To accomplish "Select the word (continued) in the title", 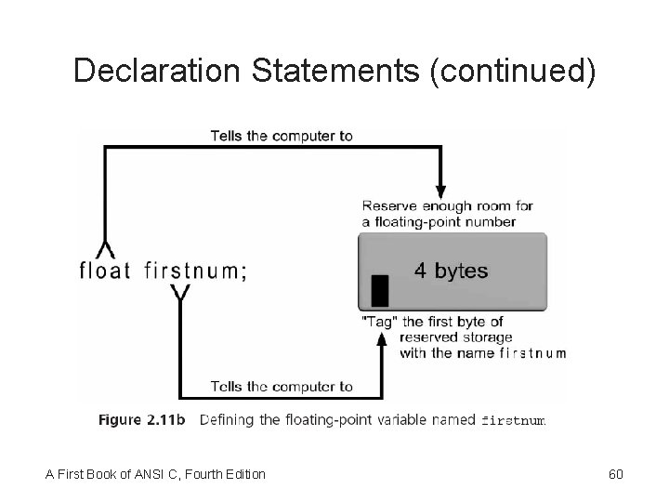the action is point(512,71).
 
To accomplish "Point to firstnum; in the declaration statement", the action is point(196,271).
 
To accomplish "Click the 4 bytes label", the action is point(451,271).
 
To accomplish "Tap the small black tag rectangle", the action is point(379,291).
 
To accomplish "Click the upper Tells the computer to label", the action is point(282,136).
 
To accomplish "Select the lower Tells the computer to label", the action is point(282,387).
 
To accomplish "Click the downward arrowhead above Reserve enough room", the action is point(440,186).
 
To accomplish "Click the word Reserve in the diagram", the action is point(388,205).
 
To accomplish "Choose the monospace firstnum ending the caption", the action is point(513,421).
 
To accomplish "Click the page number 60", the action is point(615,475).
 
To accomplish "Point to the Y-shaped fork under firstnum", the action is point(181,296).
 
